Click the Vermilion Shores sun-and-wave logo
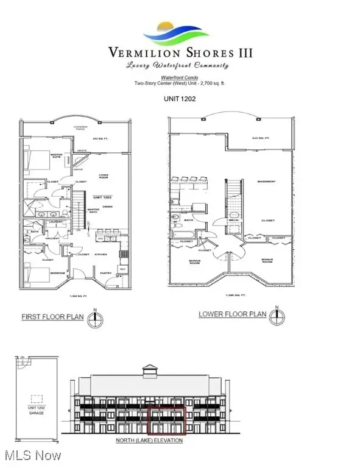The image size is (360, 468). (180, 31)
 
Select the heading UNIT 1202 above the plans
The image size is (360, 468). (179, 98)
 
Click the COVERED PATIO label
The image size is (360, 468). (80, 128)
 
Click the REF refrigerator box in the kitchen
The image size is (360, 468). (122, 269)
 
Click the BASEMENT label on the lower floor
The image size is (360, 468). (266, 182)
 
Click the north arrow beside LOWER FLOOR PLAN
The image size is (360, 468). (277, 315)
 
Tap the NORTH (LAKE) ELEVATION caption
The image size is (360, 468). (150, 440)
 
